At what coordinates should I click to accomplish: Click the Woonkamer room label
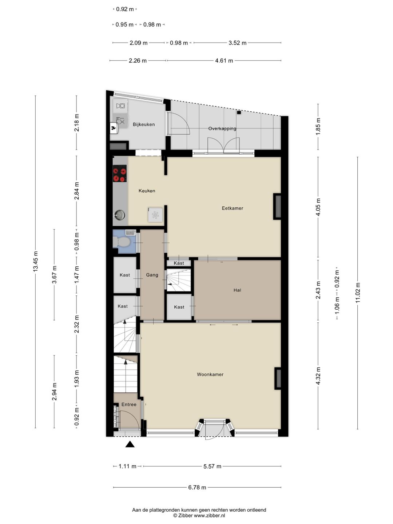point(210,374)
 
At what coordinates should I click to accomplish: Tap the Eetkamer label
point(233,208)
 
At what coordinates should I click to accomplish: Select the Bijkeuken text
point(144,124)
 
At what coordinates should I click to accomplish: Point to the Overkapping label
point(222,129)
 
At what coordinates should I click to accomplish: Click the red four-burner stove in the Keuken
point(120,175)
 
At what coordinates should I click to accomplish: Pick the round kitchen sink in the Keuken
point(120,215)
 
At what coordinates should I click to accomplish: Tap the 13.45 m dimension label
point(36,261)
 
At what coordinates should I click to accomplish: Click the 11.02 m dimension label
point(357,293)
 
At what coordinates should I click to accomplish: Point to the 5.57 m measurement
point(213,466)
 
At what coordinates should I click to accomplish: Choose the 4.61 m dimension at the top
point(224,61)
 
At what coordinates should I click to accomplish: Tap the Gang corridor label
point(152,275)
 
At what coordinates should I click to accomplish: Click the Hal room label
point(237,290)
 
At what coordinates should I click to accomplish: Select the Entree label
point(129,404)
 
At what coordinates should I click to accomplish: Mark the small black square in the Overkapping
point(239,112)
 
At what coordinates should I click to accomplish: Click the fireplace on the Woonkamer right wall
point(278,378)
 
